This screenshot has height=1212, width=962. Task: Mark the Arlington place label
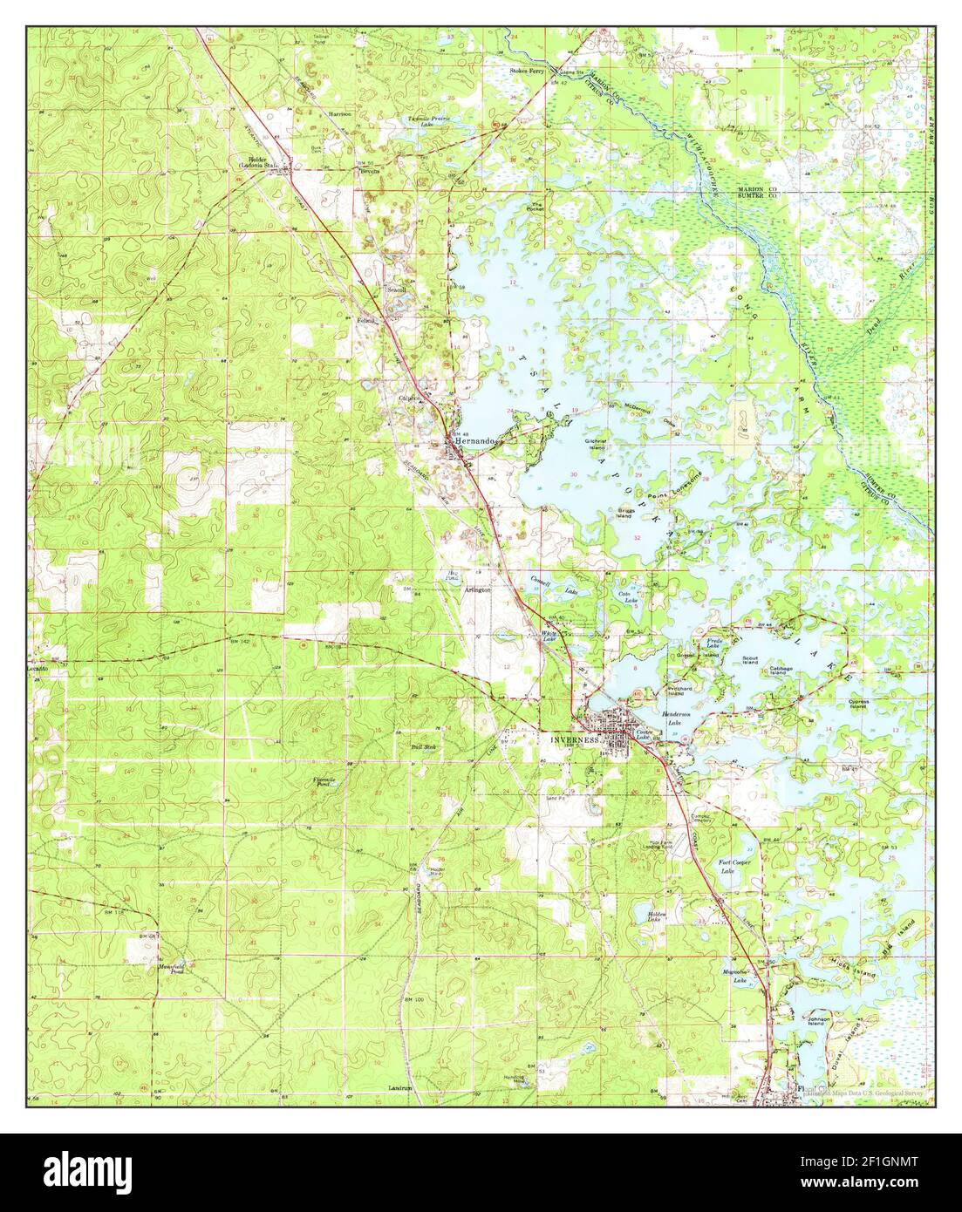476,590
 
